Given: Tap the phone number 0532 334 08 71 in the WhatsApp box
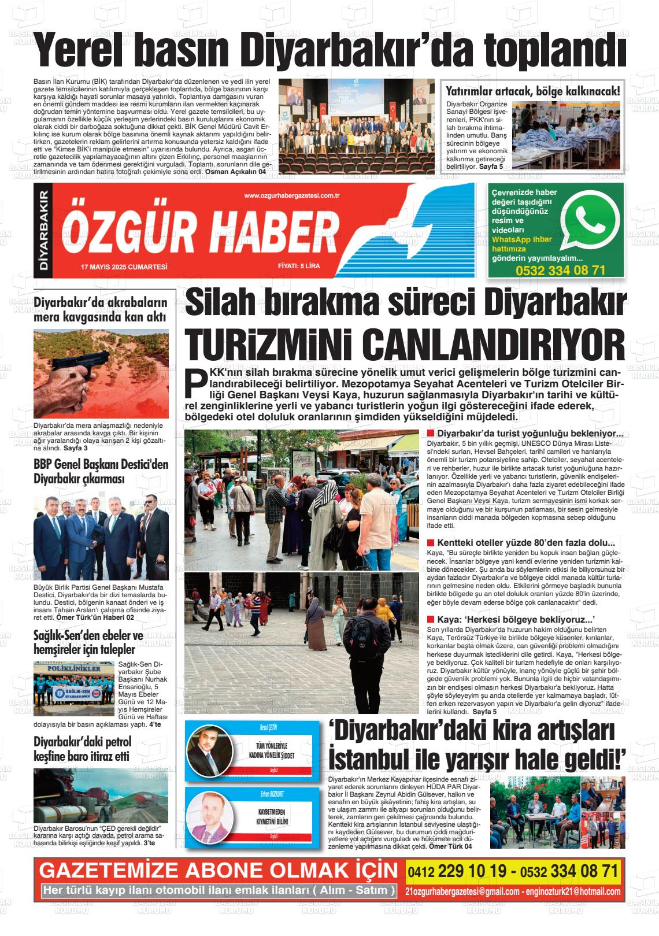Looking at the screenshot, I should (560, 270).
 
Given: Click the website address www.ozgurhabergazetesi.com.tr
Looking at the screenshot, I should (291, 196).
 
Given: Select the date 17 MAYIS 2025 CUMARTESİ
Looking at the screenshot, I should (124, 267).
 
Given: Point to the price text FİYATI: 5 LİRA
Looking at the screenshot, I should (298, 267).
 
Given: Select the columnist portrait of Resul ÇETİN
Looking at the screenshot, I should (209, 753).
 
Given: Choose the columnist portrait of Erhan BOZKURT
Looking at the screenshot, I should (209, 816).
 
